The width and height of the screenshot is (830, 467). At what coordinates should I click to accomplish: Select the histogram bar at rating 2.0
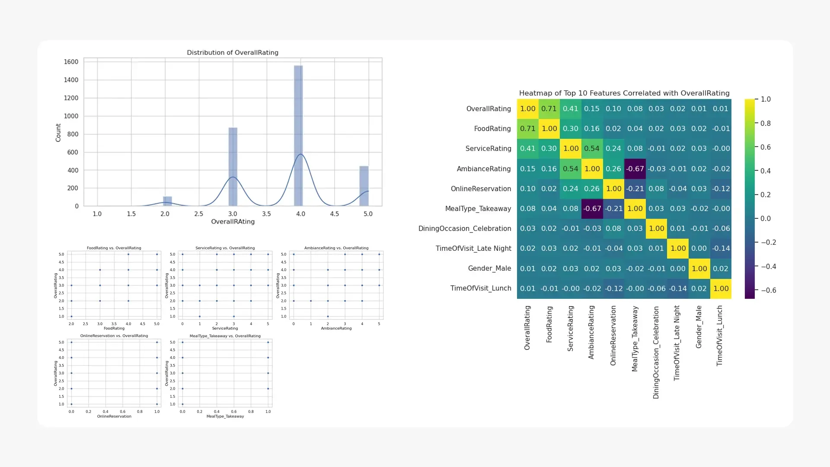167,201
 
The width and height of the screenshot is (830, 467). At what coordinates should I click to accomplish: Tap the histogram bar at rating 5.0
364,186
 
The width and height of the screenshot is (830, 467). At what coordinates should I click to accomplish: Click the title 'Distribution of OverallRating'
233,53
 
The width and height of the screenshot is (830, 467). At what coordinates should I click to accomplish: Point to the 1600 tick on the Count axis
71,62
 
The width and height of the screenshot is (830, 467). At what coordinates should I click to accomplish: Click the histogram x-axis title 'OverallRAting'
233,222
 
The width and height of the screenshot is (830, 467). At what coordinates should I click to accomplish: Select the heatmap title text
624,93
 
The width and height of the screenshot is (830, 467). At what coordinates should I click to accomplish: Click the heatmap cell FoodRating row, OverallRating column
527,129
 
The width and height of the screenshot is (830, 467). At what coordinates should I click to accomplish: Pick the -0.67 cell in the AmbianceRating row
635,169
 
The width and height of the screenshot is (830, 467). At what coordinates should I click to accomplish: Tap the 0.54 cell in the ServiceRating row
592,149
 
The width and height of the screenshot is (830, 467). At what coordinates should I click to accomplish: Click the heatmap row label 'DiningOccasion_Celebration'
464,229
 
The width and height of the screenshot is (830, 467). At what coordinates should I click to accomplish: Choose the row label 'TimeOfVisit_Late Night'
473,249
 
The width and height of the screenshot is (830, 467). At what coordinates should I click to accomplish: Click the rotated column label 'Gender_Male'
699,327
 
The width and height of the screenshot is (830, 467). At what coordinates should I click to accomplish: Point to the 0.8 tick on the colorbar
765,124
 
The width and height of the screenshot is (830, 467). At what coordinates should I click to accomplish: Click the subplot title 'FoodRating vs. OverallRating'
114,248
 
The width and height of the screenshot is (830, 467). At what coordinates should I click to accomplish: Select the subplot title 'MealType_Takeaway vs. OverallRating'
225,336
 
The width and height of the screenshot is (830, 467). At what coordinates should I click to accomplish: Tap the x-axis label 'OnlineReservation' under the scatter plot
114,416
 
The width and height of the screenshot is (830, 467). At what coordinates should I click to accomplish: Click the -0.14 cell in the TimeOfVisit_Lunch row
677,288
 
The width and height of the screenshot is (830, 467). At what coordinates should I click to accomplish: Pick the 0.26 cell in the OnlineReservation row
592,189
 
